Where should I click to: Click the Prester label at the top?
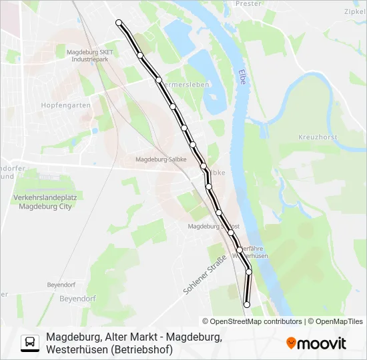[248, 3]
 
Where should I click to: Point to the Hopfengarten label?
[65, 105]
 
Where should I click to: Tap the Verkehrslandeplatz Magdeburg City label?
[43, 202]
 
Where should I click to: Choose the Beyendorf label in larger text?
[78, 298]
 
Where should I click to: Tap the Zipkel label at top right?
[354, 11]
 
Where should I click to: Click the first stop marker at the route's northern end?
[119, 23]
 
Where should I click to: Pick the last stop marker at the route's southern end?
[246, 305]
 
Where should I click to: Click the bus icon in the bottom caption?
[30, 343]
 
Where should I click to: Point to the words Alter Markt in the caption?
[131, 337]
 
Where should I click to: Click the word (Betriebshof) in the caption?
[141, 349]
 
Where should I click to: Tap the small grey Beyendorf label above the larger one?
[61, 285]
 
